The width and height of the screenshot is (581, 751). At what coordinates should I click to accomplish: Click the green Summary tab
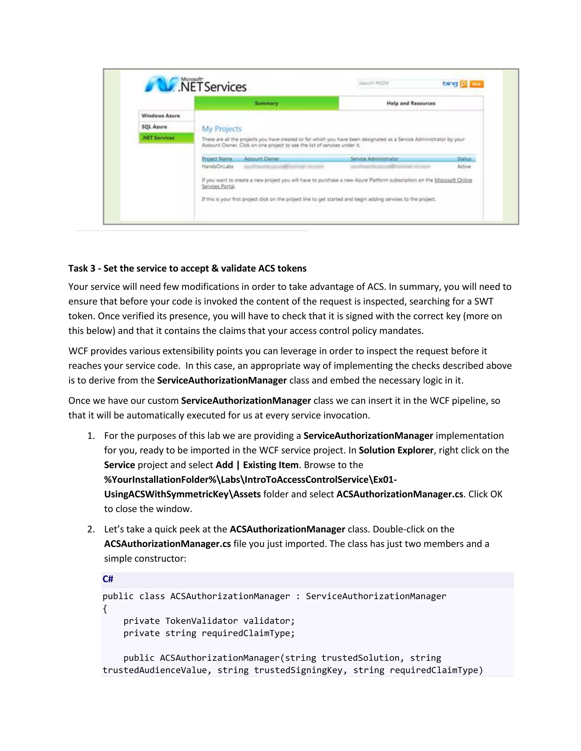(x=266, y=103)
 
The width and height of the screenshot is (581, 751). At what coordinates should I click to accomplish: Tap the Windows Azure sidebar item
(x=161, y=116)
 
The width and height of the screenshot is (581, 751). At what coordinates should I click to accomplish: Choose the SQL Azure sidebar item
(x=154, y=127)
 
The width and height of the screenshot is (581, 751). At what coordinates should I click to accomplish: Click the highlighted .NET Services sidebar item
(x=158, y=137)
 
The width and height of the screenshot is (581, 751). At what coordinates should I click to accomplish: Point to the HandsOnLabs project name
(x=218, y=166)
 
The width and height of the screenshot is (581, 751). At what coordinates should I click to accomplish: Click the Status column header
(x=464, y=158)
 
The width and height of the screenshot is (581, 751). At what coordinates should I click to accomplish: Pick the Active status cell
(x=464, y=166)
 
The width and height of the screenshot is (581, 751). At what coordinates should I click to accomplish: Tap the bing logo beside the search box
(x=450, y=84)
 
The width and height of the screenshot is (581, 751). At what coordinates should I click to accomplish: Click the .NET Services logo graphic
(x=195, y=84)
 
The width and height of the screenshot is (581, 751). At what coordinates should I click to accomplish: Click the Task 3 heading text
(x=187, y=268)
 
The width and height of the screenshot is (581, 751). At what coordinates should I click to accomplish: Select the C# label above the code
(x=108, y=579)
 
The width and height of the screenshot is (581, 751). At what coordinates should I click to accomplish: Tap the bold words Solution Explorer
(x=396, y=450)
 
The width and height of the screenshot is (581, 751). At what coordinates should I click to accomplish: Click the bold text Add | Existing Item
(x=257, y=465)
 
